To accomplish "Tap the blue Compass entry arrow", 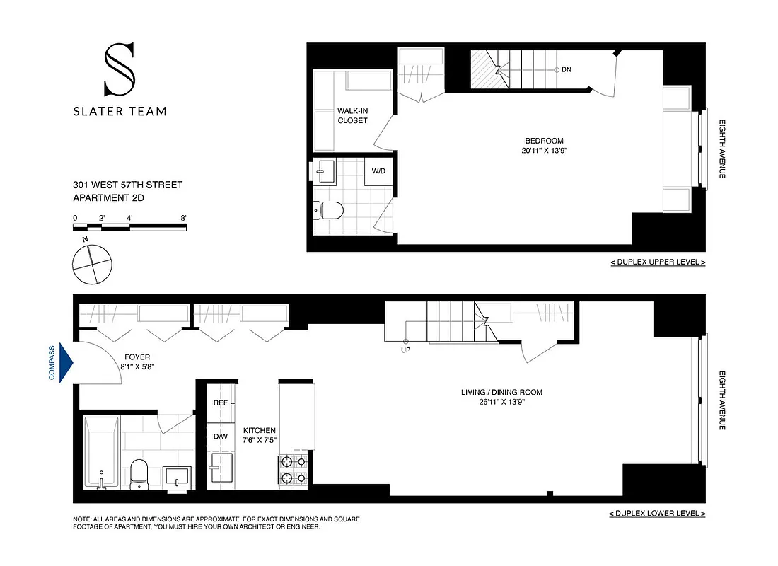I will (66, 363).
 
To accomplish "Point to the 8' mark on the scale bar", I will (184, 218).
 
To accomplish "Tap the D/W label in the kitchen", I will (220, 436).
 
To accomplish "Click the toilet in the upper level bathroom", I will (329, 209).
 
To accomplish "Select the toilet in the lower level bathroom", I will (139, 473).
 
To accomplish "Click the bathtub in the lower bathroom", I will (101, 452).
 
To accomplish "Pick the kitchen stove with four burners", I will (294, 470).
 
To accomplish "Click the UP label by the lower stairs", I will (405, 350).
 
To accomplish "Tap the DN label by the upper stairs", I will (567, 69).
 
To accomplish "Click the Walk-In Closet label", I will (352, 116).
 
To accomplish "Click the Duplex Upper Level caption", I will (658, 262).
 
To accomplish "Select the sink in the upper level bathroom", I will (327, 170).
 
